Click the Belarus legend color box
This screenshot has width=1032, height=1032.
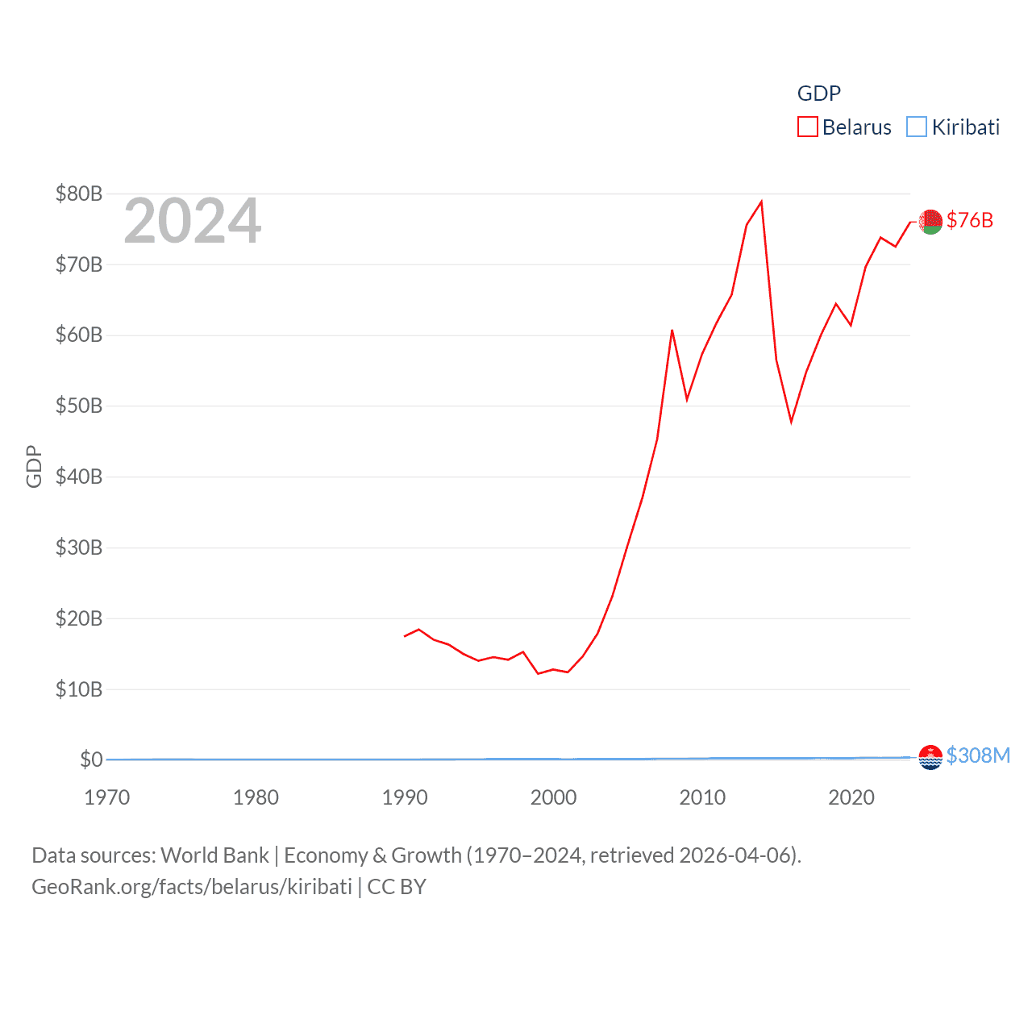coord(807,127)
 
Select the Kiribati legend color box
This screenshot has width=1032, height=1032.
coord(917,127)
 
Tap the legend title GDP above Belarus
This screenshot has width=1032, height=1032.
coord(818,94)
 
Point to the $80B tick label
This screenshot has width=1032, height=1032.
coord(79,193)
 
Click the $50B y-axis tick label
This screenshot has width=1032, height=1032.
coord(79,406)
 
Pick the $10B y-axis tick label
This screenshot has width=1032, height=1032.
coord(79,689)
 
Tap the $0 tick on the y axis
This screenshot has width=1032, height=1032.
coord(91,759)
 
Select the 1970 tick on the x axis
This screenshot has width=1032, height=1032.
coord(106,797)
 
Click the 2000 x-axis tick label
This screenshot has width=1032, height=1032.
coord(553,797)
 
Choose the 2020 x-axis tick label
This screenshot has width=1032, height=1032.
coord(851,797)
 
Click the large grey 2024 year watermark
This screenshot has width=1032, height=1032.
coord(192,221)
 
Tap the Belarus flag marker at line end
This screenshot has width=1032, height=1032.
coord(930,221)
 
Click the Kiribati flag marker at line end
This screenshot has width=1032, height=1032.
coord(930,757)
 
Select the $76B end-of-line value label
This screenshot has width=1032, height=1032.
coord(970,220)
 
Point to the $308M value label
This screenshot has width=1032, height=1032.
coord(978,755)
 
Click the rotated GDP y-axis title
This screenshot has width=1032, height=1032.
coord(34,466)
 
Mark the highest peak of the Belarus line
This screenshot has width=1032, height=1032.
coord(761,202)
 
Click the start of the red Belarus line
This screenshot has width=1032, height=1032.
coord(405,636)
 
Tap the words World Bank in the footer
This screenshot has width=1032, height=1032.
coord(215,855)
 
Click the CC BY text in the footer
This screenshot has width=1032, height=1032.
coord(397,887)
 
